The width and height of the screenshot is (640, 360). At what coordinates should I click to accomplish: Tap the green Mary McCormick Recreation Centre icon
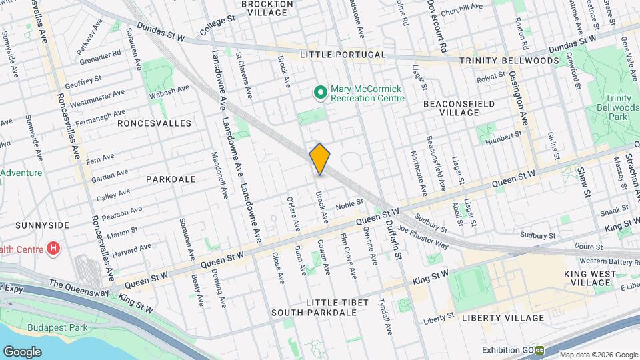320,92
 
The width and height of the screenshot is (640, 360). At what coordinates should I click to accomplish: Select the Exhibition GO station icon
539,350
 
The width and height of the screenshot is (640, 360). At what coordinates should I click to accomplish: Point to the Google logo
22,351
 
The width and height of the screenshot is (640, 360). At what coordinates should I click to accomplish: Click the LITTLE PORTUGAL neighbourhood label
343,54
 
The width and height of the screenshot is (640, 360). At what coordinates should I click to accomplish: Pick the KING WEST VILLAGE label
587,278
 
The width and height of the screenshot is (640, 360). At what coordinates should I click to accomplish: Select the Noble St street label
349,204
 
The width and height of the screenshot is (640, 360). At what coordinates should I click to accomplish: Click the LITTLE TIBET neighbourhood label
337,303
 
